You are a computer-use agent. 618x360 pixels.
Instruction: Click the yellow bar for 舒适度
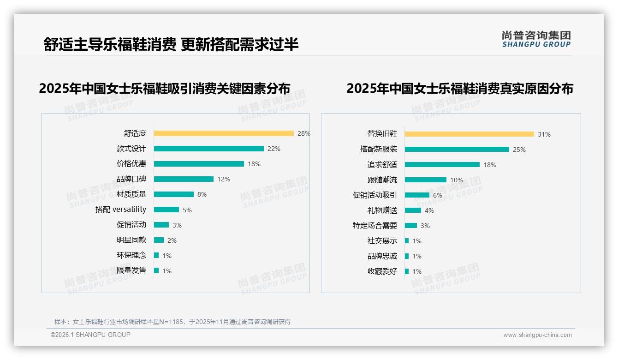click(224, 133)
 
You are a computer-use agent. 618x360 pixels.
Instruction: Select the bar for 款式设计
click(208, 149)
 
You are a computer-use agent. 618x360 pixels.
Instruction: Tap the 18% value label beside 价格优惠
click(254, 164)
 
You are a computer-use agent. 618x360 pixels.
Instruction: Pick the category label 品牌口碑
click(131, 179)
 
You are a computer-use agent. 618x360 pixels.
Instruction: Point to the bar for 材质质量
click(174, 194)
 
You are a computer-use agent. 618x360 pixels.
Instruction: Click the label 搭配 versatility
click(121, 210)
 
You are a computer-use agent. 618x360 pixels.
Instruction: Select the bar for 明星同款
click(159, 240)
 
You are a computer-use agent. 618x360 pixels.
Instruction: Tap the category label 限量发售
click(131, 270)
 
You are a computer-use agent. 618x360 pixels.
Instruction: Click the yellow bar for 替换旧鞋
click(469, 134)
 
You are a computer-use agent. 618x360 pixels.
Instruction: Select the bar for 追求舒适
click(442, 164)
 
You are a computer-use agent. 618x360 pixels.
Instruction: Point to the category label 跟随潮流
click(382, 180)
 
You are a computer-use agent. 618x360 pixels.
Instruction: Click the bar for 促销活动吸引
click(417, 195)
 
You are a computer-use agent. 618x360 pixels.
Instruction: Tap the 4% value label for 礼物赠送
click(429, 210)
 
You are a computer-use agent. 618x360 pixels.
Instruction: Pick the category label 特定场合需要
click(375, 226)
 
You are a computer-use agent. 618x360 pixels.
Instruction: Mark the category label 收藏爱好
click(382, 271)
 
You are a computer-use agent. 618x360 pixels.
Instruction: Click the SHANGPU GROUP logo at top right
click(536, 39)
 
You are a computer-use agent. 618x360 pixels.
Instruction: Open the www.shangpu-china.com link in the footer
click(537, 335)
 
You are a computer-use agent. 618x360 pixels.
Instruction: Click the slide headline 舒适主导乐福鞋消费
click(110, 44)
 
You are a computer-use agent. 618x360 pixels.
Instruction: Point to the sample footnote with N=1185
click(172, 322)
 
